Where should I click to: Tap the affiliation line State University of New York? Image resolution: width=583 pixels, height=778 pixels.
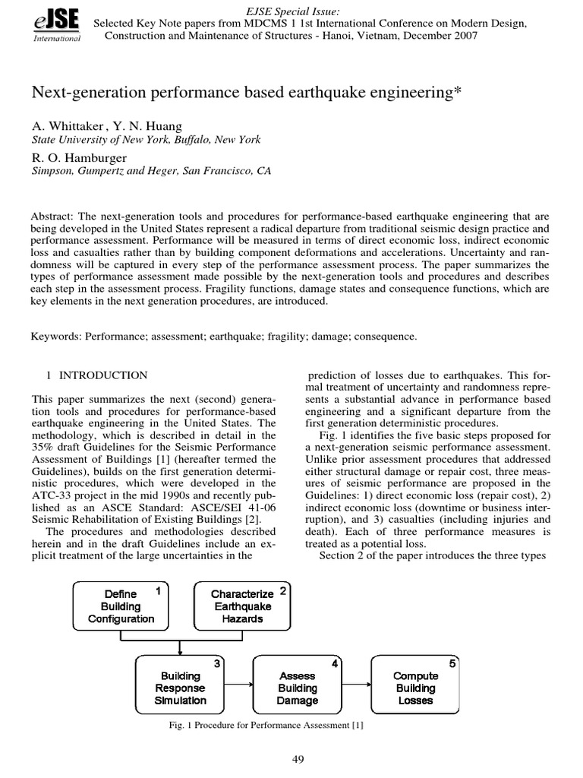tap(146, 140)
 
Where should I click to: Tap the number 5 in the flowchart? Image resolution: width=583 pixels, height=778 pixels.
tap(452, 663)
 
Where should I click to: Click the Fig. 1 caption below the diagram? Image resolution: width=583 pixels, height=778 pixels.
tap(266, 726)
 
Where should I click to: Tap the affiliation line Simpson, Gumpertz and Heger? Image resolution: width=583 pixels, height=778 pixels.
tap(150, 172)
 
